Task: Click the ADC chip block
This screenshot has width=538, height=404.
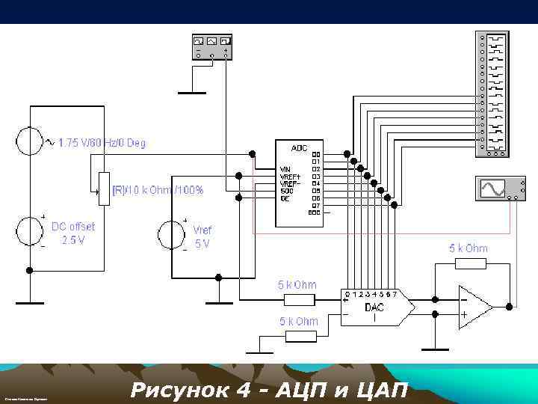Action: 299,183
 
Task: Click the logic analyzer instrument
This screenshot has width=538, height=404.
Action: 492,93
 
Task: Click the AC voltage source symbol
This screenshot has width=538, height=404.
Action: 30,141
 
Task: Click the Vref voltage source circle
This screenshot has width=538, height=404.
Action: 170,234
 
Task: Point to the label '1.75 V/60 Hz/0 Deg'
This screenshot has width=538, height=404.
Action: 102,142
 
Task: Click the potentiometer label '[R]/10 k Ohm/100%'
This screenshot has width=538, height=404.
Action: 158,190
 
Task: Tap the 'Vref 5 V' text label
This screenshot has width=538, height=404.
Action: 202,236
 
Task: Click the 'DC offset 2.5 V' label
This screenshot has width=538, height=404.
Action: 73,233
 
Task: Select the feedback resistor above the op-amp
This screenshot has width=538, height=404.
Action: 471,263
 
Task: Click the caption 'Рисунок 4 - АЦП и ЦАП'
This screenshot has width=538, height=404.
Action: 269,390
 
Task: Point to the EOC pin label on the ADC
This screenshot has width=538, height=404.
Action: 314,212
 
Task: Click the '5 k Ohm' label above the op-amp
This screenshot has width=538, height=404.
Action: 468,248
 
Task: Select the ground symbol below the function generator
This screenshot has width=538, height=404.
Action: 193,92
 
